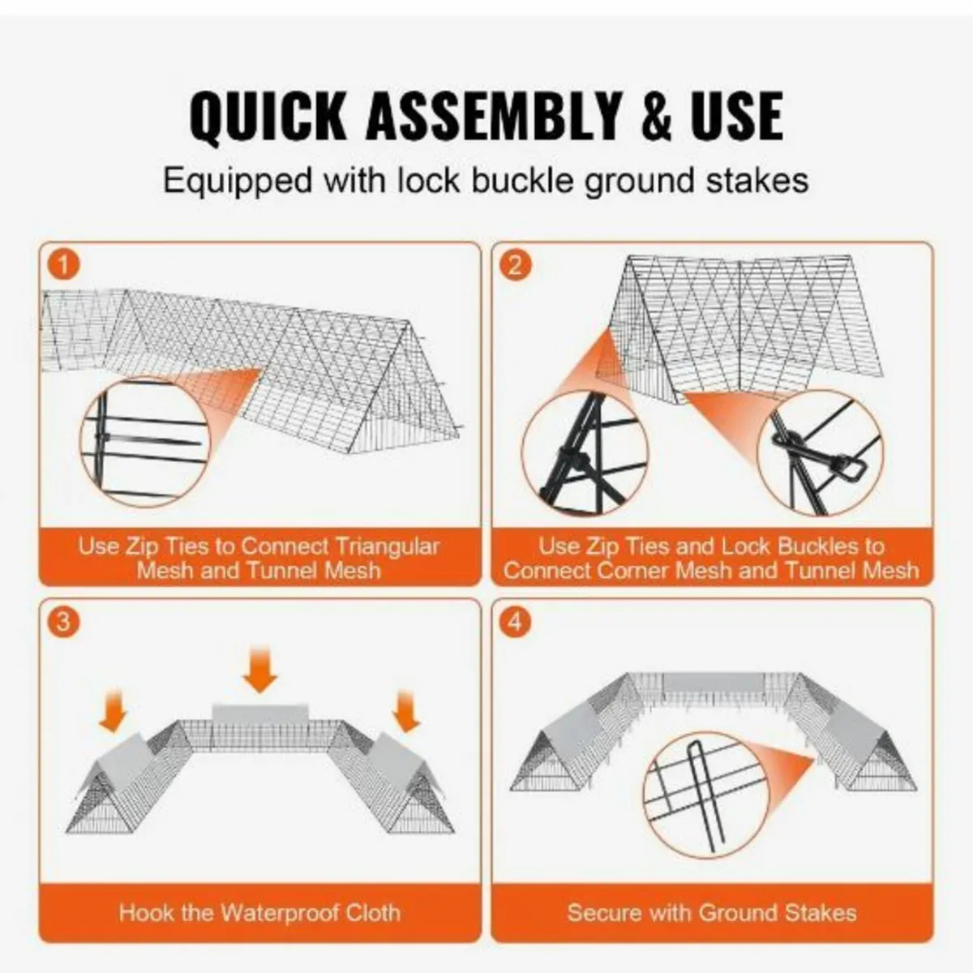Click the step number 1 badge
[x=63, y=265]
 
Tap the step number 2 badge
[x=515, y=265]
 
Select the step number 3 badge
[x=63, y=622]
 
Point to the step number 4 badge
[x=515, y=622]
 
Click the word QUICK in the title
[x=268, y=117]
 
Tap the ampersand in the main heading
[x=657, y=116]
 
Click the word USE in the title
[x=738, y=116]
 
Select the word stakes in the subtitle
[x=757, y=182]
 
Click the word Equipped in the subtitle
[x=238, y=182]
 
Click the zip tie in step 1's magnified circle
[x=104, y=437]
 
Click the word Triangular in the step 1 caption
[x=387, y=547]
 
